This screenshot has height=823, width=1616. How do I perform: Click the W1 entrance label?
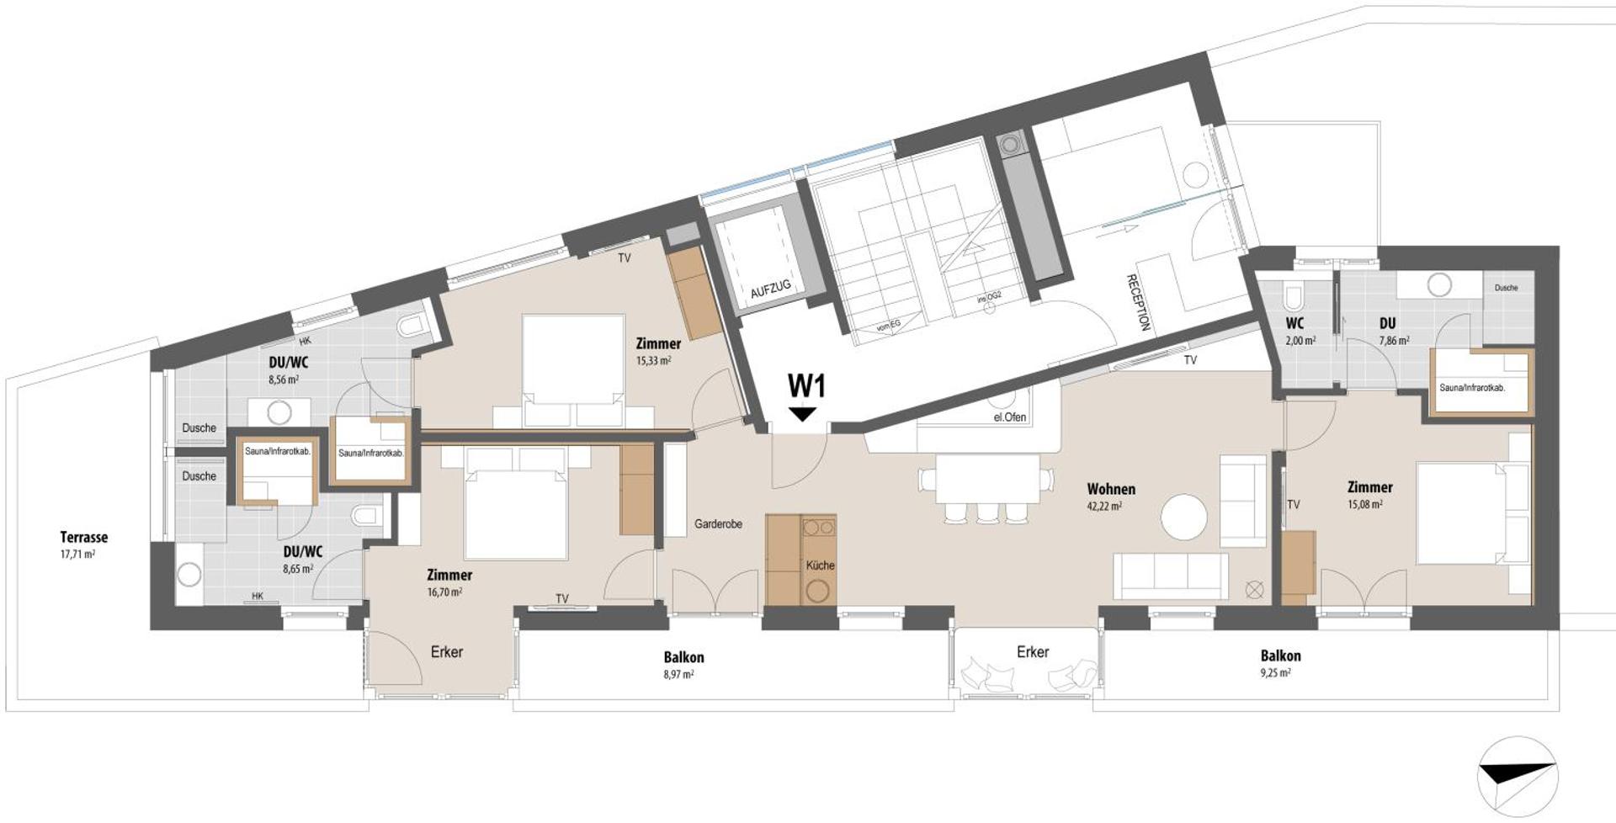pyautogui.click(x=805, y=386)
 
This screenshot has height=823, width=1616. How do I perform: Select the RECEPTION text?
pyautogui.click(x=1137, y=302)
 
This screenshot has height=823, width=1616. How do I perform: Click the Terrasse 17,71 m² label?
pyautogui.click(x=83, y=544)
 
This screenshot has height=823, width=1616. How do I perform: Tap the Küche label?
pyautogui.click(x=819, y=565)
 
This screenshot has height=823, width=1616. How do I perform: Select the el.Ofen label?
pyautogui.click(x=1009, y=417)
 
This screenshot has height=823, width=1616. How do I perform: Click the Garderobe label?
pyautogui.click(x=718, y=524)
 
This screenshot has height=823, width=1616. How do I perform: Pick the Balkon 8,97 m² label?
pyautogui.click(x=683, y=664)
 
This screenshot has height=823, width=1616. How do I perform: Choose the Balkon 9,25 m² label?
pyautogui.click(x=1280, y=662)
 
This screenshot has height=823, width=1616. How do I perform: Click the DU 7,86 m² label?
pyautogui.click(x=1389, y=331)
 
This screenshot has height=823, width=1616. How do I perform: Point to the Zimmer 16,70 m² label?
pyautogui.click(x=449, y=582)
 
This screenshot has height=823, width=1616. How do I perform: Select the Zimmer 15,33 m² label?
pyautogui.click(x=658, y=351)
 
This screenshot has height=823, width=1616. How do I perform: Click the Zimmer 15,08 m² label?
pyautogui.click(x=1369, y=495)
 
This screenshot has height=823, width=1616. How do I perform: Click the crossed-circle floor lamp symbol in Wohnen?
pyautogui.click(x=1254, y=590)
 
